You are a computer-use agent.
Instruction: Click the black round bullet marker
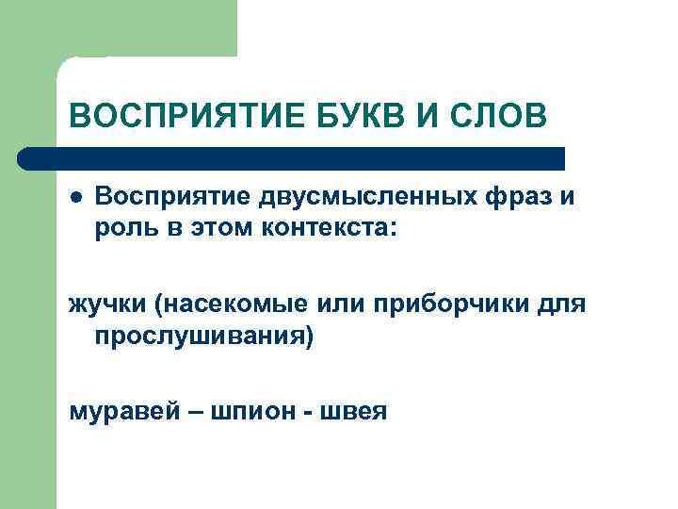(x=74, y=198)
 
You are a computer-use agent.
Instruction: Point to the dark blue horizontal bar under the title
(x=292, y=157)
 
